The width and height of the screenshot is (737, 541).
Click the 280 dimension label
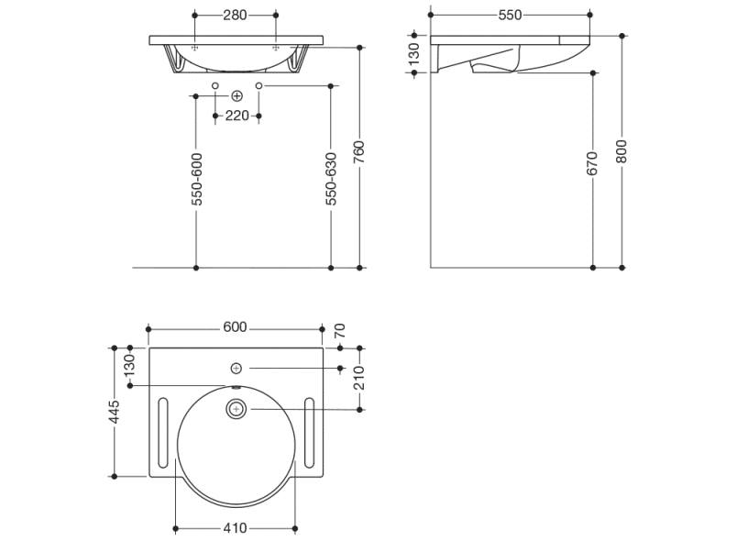point(235,15)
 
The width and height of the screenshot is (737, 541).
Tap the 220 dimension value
point(236,116)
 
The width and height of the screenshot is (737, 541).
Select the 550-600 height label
point(197,179)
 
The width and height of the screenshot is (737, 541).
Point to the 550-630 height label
point(331,179)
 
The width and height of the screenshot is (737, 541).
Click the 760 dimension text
point(359,152)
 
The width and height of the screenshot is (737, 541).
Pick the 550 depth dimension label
point(510,15)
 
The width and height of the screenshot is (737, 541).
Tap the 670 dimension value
point(592,163)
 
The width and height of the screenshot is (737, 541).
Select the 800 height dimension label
point(621,151)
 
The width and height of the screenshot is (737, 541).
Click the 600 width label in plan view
point(235,326)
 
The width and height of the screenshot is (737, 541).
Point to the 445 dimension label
point(115,412)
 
